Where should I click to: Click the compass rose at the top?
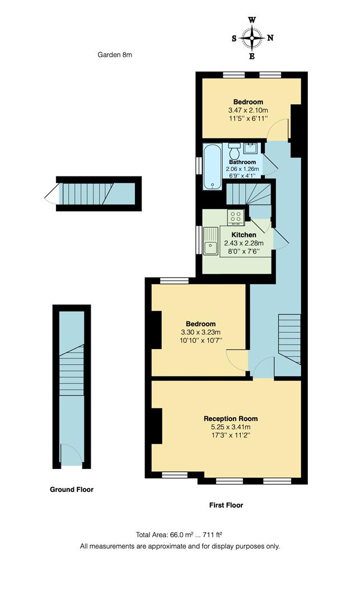point(252,38)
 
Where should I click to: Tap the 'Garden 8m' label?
point(115,55)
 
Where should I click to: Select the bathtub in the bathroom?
point(212,167)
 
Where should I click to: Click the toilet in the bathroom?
point(234,151)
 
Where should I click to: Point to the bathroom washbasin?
point(250,148)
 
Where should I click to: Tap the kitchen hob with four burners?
point(235,217)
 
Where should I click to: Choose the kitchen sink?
point(211,241)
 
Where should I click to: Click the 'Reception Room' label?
point(231,418)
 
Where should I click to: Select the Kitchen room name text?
point(244,235)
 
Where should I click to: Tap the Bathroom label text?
point(242,162)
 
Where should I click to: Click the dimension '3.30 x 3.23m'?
point(200,332)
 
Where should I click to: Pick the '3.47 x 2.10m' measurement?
point(248,110)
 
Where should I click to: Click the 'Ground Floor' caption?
point(72,490)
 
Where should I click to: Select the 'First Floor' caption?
point(226,505)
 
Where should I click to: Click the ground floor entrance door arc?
point(70,452)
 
